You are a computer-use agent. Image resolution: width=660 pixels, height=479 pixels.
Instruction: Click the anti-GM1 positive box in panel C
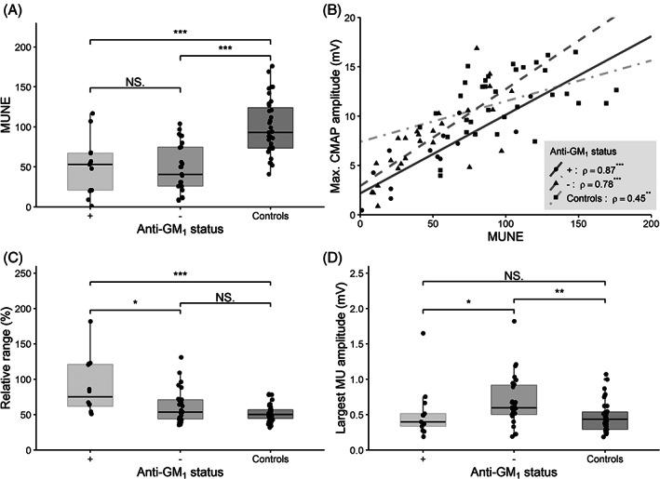point(90,384)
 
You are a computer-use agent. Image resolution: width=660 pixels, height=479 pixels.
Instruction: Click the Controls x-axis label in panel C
point(270,459)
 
